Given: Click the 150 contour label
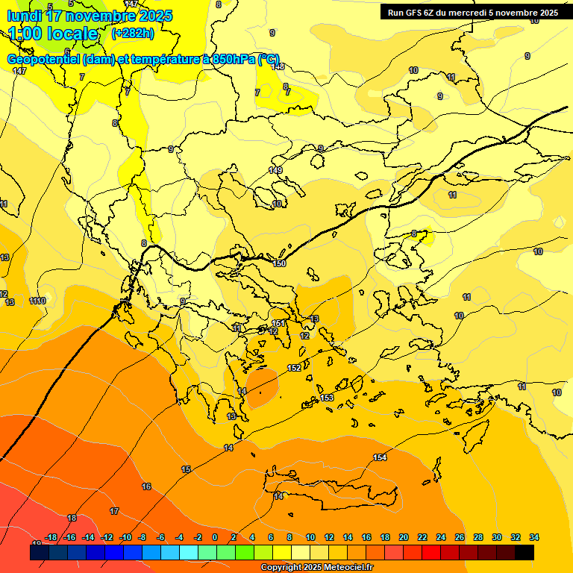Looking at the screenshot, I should coord(279,263).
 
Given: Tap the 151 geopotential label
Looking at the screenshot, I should coord(277,324).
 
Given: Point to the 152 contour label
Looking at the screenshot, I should coord(294,368).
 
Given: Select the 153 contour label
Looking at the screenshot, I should coord(327,398).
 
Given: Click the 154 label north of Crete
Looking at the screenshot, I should coord(380,457).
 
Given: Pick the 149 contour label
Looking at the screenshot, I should coord(275,171).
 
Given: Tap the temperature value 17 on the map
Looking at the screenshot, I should coord(114,511).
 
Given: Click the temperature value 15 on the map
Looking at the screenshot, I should coord(186,469).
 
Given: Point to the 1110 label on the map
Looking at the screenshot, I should coord(37,301).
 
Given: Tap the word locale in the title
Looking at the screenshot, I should coord(72,34).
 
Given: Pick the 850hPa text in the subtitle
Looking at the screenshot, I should coord(229,60).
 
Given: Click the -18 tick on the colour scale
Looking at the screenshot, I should coord(51,537).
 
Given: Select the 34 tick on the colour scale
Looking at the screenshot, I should coord(534,537).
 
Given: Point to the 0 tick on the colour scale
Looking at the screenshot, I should coord(215,537).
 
